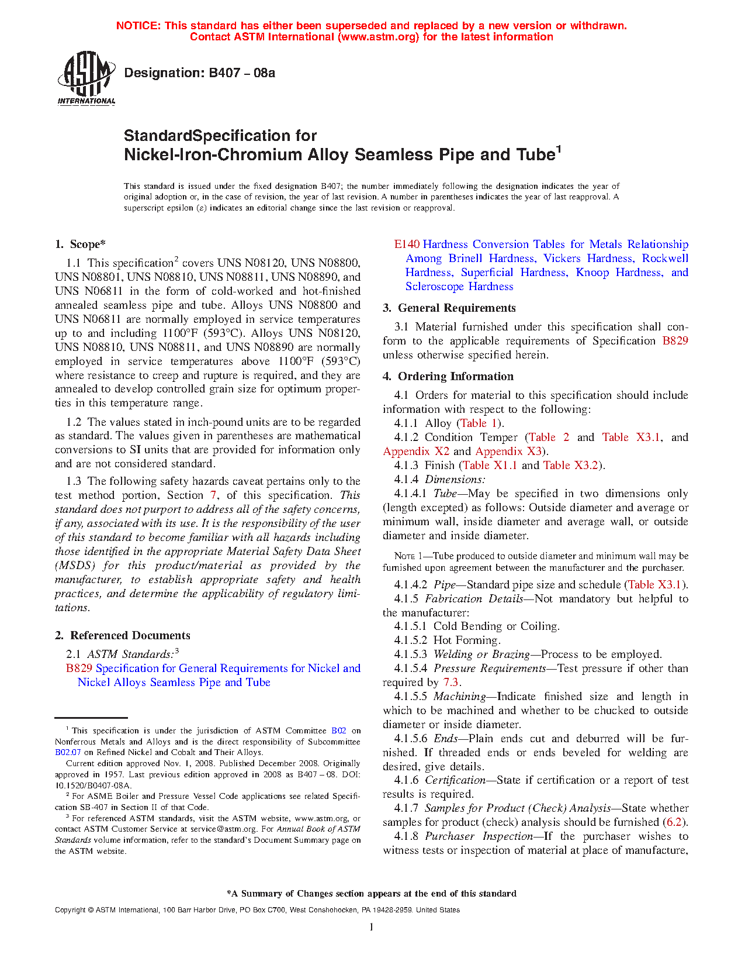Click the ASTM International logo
[x=86, y=78]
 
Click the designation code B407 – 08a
[x=199, y=73]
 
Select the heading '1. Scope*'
[x=80, y=244]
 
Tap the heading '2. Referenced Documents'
[x=123, y=635]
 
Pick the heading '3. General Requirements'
[x=449, y=308]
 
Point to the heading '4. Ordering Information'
[x=448, y=376]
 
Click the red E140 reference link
[x=407, y=244]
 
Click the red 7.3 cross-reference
[x=451, y=682]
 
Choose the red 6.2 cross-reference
[x=674, y=822]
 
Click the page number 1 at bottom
[x=371, y=927]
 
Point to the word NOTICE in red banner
[x=138, y=26]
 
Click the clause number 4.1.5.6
[x=411, y=738]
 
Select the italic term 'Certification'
[x=455, y=780]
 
